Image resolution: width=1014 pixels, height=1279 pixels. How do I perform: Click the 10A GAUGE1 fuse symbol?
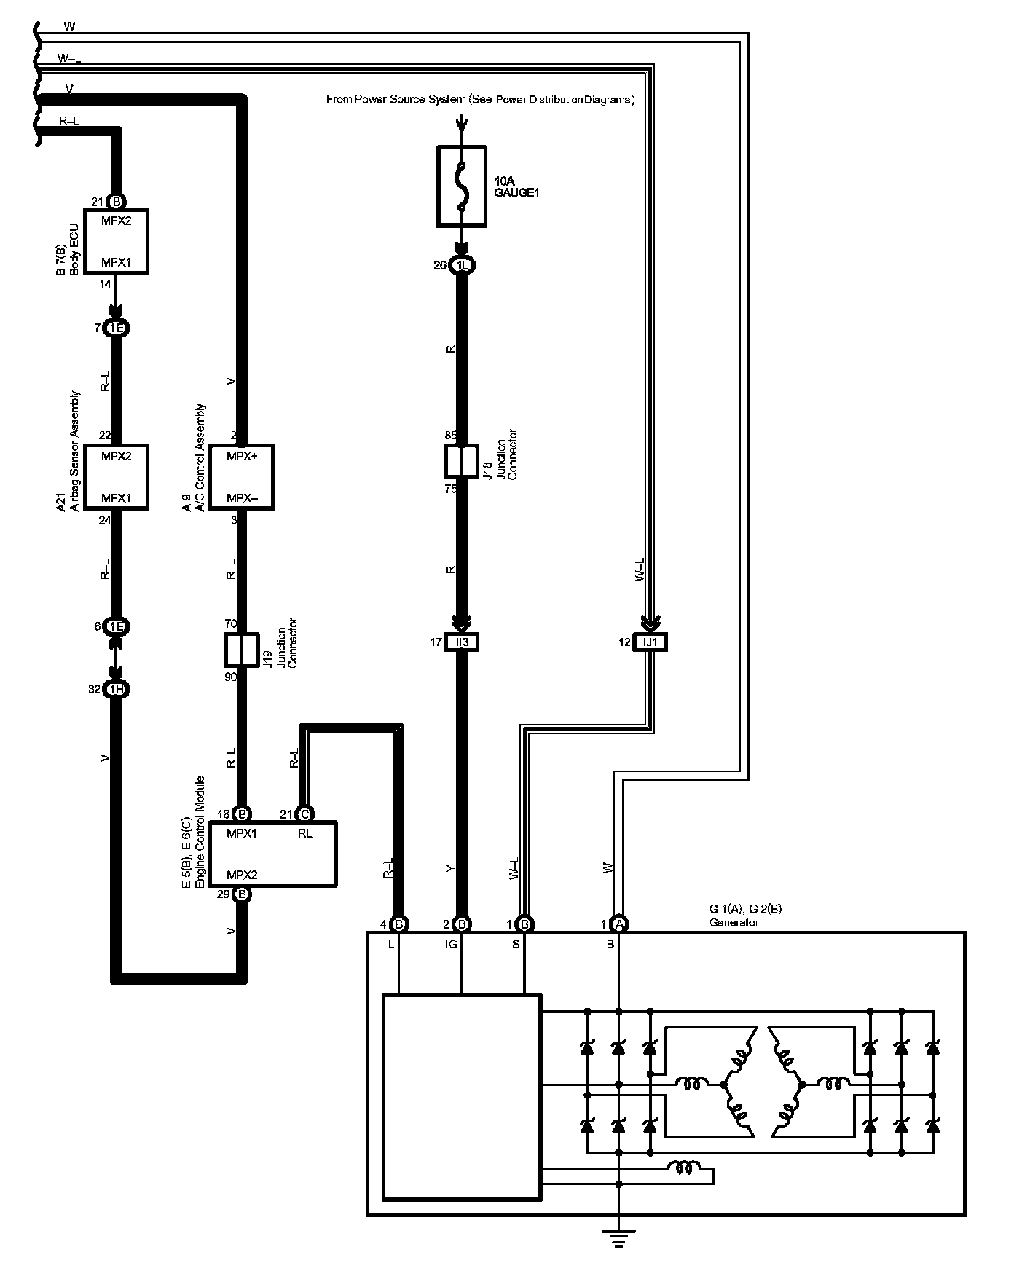[x=460, y=186]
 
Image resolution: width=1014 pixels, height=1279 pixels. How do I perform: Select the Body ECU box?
[x=117, y=241]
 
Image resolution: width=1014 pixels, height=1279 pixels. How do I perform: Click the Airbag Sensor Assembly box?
[x=117, y=476]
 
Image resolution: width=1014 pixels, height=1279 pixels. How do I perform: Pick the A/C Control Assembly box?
[x=242, y=476]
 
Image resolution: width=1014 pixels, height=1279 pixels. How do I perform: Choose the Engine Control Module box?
[x=273, y=854]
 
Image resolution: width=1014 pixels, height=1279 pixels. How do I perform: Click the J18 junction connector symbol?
[x=460, y=460]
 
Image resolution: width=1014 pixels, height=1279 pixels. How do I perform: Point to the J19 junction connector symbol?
[x=242, y=650]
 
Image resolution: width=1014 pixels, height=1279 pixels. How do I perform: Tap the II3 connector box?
[x=462, y=642]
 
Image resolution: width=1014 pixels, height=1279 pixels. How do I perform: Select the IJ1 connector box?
[x=650, y=642]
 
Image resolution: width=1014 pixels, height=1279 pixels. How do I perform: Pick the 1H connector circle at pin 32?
[x=116, y=689]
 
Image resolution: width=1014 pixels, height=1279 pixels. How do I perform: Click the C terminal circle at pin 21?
[x=305, y=814]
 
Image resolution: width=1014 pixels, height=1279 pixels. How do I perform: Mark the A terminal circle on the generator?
[x=619, y=924]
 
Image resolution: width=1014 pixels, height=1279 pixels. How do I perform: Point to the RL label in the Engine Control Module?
[x=305, y=834]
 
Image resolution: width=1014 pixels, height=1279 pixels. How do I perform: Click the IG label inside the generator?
[x=452, y=945]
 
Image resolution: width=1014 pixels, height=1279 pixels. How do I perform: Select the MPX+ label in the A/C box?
[x=242, y=456]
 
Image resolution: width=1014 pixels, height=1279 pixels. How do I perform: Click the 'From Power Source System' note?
[x=480, y=100]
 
